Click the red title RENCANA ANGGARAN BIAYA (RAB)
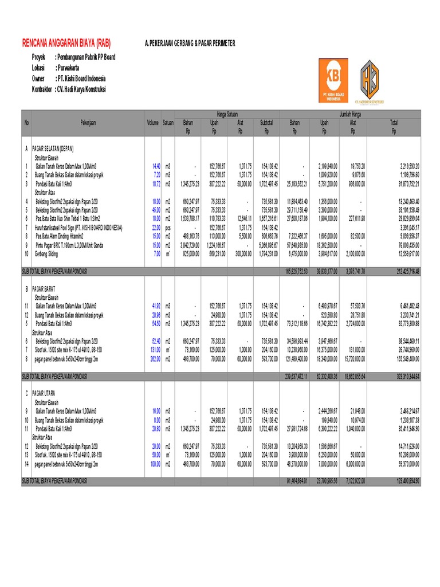[66, 44]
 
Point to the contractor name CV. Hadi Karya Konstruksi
[80, 89]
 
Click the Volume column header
[152, 123]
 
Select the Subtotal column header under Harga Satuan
[266, 122]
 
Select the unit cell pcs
[168, 228]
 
